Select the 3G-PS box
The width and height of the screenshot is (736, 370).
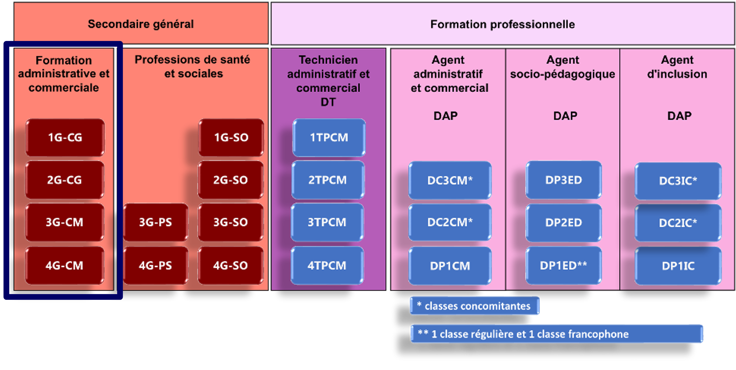[155, 222]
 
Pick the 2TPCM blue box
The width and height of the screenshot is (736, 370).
[328, 180]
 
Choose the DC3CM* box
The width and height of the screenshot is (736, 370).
[450, 180]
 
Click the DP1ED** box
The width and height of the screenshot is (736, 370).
[564, 265]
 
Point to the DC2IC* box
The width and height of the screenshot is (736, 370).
[678, 223]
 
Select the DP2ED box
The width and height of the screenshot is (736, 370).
[564, 222]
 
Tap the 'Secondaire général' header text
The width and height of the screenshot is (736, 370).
[141, 24]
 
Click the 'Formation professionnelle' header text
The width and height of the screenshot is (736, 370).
[503, 24]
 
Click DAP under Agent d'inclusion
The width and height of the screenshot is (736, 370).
[679, 116]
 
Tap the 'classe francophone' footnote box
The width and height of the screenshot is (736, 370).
[557, 334]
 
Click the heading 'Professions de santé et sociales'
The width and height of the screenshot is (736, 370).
[193, 67]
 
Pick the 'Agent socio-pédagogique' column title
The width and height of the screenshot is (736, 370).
[563, 67]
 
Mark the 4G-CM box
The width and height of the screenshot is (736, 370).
[65, 265]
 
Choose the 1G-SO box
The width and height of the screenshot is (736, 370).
[231, 138]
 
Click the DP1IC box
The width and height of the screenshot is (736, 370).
[678, 266]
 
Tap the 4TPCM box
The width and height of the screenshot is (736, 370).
[327, 265]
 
